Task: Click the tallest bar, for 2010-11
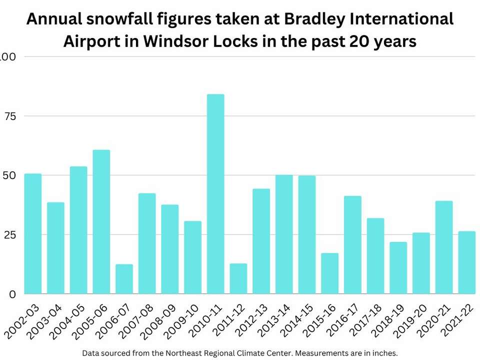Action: point(215,194)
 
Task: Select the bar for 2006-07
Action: point(124,279)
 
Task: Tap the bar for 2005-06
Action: point(101,222)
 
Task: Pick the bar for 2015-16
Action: point(329,273)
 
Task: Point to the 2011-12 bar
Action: point(238,278)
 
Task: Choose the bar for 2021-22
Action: point(466,262)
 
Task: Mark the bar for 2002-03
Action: point(33,233)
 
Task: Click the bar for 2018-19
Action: point(398,268)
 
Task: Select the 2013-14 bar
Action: point(284,234)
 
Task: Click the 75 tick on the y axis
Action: point(10,116)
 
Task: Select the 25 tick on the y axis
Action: point(10,234)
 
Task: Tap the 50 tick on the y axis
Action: point(10,175)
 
